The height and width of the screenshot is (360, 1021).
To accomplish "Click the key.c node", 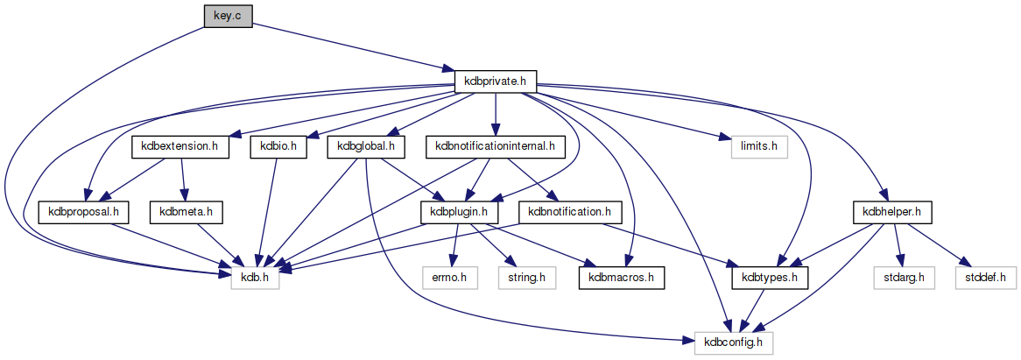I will pos(228,16).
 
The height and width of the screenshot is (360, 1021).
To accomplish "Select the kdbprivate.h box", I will pos(496,81).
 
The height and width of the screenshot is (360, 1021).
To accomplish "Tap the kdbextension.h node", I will pos(180,146).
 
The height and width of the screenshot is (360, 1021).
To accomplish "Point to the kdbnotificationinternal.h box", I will pos(495,146).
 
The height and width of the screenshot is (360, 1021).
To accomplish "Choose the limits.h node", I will pos(755,146).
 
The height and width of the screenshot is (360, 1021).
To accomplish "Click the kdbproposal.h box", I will pos(84,212).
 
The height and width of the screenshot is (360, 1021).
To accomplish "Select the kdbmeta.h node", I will pos(187,212).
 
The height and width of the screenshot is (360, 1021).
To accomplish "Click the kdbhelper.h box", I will pos(892,212).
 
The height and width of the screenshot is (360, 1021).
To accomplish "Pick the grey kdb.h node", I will pos(255,278).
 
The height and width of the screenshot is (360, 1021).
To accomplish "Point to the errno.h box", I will pos(449,278).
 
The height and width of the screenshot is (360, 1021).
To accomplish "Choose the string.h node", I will pos(521,278).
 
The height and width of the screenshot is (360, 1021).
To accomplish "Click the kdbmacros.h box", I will pos(621,278).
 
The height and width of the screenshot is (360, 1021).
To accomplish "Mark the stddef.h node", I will pos(986,278).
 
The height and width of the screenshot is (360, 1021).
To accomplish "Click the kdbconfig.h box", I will pos(734,342).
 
